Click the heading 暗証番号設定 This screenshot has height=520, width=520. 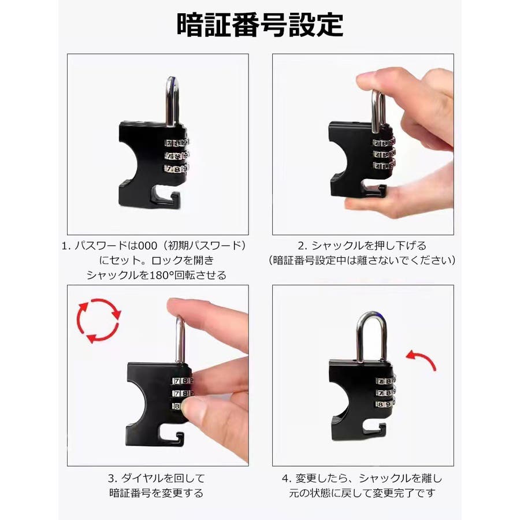259,25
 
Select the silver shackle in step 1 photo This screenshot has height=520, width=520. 172,102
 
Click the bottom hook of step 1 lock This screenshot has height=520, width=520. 166,198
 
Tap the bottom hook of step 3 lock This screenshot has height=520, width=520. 171,437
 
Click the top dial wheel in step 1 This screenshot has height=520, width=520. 177,143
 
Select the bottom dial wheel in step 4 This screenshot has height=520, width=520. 386,404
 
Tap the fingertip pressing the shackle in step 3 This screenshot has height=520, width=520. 179,307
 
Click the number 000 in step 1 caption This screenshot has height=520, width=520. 147,246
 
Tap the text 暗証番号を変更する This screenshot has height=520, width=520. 156,493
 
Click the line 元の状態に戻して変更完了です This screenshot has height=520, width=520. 362,493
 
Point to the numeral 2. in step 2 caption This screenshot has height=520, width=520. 302,246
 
